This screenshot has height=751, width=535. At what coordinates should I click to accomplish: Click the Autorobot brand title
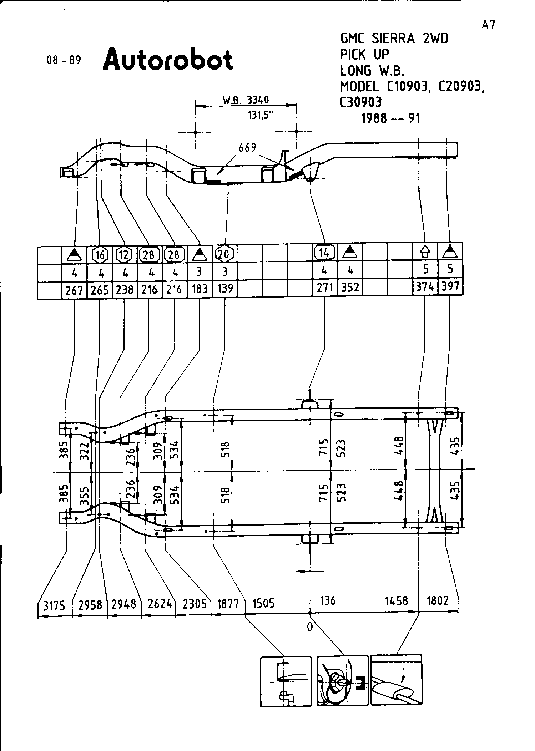(168, 59)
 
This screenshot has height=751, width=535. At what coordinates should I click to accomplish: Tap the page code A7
(488, 25)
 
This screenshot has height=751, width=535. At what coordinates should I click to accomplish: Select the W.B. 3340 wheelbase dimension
(246, 100)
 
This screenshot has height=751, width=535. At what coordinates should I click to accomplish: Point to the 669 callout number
(247, 147)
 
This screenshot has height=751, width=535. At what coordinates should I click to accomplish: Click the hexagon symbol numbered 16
(100, 255)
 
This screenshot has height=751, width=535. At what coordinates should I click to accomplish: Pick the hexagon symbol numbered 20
(224, 254)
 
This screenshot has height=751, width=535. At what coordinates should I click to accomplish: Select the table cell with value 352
(350, 288)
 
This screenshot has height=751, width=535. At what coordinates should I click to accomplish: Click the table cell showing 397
(450, 286)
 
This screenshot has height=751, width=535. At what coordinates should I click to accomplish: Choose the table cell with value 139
(224, 288)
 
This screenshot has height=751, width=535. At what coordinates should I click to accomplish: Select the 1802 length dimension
(438, 601)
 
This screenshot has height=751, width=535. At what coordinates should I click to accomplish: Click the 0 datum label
(309, 626)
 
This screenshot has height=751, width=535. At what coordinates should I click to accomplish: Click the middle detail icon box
(342, 681)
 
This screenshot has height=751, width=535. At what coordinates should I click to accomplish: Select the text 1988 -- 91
(390, 118)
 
